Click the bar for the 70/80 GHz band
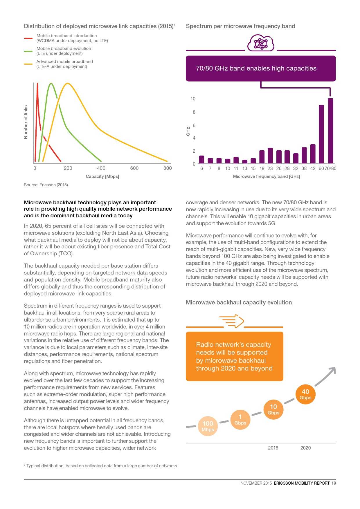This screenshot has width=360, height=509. [x=330, y=131]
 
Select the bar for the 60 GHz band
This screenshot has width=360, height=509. [x=321, y=134]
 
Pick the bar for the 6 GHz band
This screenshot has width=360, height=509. [x=201, y=160]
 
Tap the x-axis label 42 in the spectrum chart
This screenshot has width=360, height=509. [x=313, y=168]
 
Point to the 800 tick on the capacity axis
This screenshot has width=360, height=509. [x=168, y=168]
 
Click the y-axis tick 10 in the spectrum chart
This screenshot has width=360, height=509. [x=193, y=99]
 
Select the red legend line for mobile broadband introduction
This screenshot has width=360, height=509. [x=28, y=38]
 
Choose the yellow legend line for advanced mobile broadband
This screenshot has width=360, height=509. [x=28, y=64]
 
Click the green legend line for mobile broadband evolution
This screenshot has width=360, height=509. [x=28, y=51]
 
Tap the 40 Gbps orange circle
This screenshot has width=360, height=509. [x=305, y=394]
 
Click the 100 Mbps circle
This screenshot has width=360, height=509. [x=208, y=426]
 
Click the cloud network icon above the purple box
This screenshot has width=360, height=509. [x=261, y=43]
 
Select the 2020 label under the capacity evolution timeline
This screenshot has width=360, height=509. [x=305, y=448]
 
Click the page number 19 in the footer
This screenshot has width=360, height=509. [x=334, y=483]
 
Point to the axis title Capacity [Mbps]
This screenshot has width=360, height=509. [x=102, y=176]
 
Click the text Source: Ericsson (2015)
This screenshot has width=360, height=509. [x=46, y=185]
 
